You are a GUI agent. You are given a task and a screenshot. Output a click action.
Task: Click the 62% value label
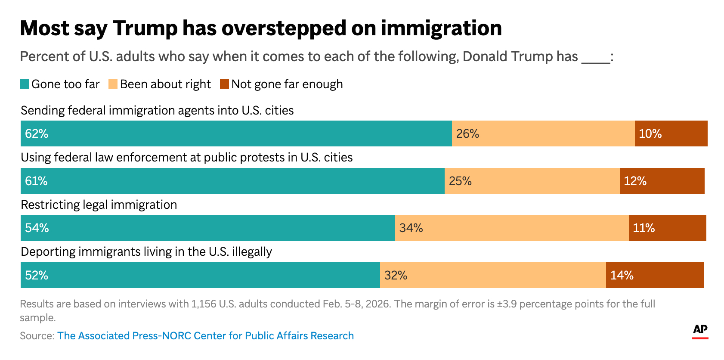coord(37,134)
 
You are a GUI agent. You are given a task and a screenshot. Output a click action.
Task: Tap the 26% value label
coord(467,134)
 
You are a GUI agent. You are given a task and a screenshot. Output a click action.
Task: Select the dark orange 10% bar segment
coord(671,134)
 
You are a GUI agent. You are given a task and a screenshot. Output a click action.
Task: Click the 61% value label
coord(36,181)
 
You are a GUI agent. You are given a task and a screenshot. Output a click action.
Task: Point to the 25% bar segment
coord(532,181)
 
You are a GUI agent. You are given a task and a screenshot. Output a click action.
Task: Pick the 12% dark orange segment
coord(662,181)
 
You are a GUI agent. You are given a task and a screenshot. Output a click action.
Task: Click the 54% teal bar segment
coord(207,228)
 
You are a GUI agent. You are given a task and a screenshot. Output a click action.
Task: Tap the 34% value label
coord(411,228)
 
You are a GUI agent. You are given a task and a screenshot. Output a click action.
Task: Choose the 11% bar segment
coord(667,228)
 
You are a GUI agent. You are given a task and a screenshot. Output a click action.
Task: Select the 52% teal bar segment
coord(200,275)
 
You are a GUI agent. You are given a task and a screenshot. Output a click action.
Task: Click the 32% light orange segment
coord(493,275)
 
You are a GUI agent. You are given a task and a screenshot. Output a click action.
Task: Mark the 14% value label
coord(622,276)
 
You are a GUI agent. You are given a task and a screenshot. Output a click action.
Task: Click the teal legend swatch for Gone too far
coord(25,84)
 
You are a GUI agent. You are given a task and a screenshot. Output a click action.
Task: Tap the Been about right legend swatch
coord(113,84)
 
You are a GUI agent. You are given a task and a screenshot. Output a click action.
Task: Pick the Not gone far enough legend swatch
coord(224,84)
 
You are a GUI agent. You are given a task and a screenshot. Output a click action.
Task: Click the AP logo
coord(700,330)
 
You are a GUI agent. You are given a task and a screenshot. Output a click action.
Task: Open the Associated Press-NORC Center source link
coord(205,336)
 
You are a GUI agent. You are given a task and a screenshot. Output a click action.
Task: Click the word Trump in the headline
coord(145,28)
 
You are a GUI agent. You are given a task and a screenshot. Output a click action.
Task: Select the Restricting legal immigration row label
coord(99,205)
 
